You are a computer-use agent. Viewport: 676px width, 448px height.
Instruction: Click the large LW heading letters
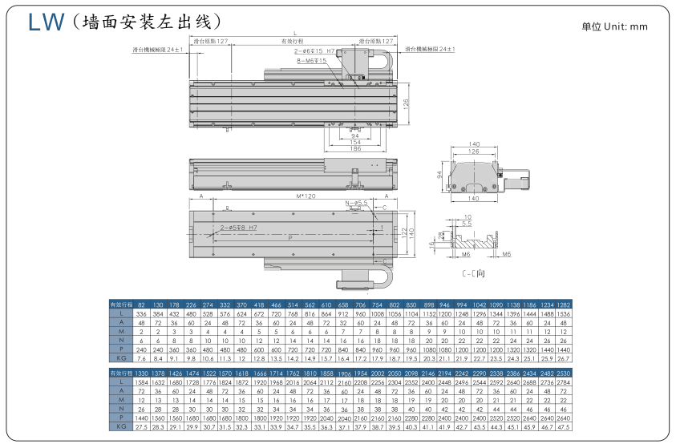(46, 22)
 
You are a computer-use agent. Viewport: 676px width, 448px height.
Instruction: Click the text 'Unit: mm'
(626, 26)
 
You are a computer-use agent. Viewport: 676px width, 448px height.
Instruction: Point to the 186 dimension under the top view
(354, 148)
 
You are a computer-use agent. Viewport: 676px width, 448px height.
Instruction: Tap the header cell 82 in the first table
(142, 305)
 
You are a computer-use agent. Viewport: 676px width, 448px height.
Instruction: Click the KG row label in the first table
(120, 358)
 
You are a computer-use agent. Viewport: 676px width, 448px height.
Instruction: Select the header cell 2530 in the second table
(565, 374)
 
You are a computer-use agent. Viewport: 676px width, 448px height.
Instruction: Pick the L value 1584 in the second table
(142, 383)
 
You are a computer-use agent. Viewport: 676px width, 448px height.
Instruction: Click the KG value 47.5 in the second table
(565, 427)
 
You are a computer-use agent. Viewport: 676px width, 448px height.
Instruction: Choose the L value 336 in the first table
(142, 314)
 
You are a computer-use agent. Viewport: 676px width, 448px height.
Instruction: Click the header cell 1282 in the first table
(565, 305)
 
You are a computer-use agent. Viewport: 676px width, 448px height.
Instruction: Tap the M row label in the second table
(120, 401)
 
